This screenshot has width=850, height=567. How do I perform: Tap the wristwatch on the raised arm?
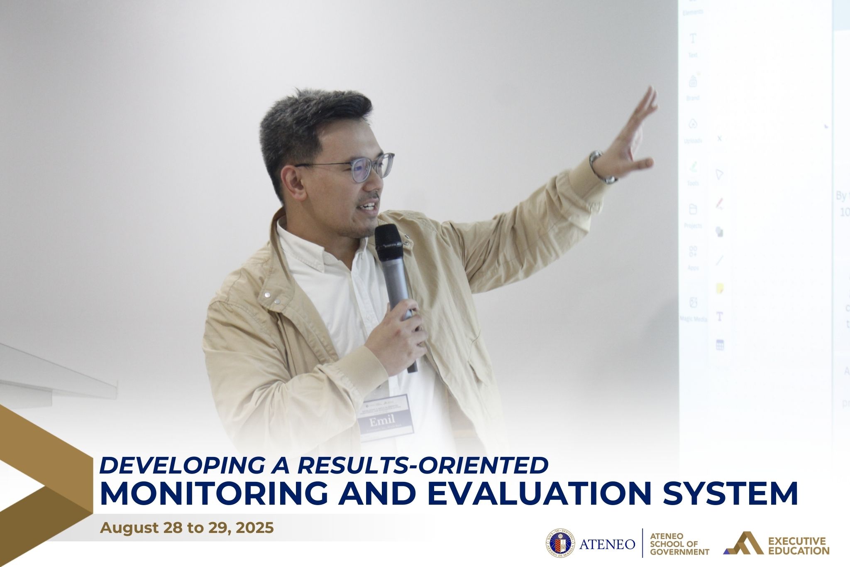coord(600,167)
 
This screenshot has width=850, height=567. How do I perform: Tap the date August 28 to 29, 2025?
coord(187,528)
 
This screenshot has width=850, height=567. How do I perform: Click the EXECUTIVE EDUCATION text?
coord(799,545)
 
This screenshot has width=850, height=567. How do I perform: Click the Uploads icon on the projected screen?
coord(693,124)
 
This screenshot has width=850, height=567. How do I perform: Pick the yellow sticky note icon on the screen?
coord(720,288)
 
